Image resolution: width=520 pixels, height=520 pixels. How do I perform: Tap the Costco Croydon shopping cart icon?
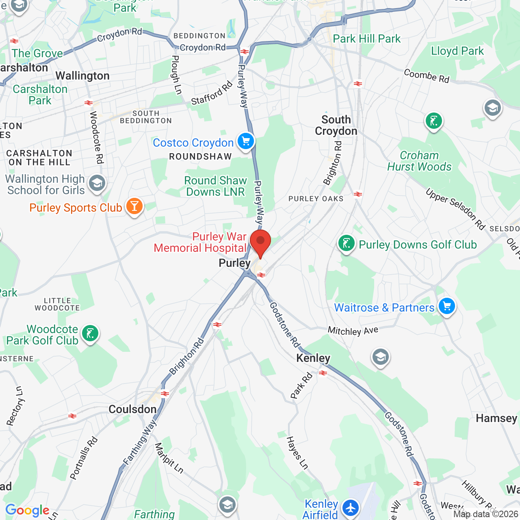pos(245,141)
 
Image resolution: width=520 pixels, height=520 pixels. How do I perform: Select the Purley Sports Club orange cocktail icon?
pos(134,206)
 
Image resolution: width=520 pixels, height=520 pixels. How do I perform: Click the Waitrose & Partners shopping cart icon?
pos(447,306)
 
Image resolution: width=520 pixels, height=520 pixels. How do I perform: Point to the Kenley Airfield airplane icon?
pos(350,508)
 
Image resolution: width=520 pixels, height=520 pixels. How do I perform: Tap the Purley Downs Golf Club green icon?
pos(347,244)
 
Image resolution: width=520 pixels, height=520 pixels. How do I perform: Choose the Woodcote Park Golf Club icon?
pos(90,334)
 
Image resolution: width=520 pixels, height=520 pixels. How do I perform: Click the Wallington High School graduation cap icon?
pos(97,183)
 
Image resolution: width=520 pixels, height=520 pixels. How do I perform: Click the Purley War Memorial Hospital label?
pos(200,242)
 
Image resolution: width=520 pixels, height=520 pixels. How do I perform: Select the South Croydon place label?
pos(336,125)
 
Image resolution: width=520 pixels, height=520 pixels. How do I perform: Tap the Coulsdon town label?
pos(132,409)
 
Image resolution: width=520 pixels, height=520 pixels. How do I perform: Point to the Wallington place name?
pos(82,76)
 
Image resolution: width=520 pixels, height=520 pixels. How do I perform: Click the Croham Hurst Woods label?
pos(419,161)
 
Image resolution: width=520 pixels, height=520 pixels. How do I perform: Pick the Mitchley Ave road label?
pos(353,331)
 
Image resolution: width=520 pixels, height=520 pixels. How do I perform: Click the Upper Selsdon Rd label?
pos(455,209)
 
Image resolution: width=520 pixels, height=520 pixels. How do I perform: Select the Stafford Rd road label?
pos(212,93)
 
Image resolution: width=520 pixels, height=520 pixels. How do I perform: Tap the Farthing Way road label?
pos(140,443)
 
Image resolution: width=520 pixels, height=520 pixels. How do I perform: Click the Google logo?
pos(27,510)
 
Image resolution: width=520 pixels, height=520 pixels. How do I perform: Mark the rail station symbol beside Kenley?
pos(323,373)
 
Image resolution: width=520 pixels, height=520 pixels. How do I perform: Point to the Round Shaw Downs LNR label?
pos(215,186)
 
